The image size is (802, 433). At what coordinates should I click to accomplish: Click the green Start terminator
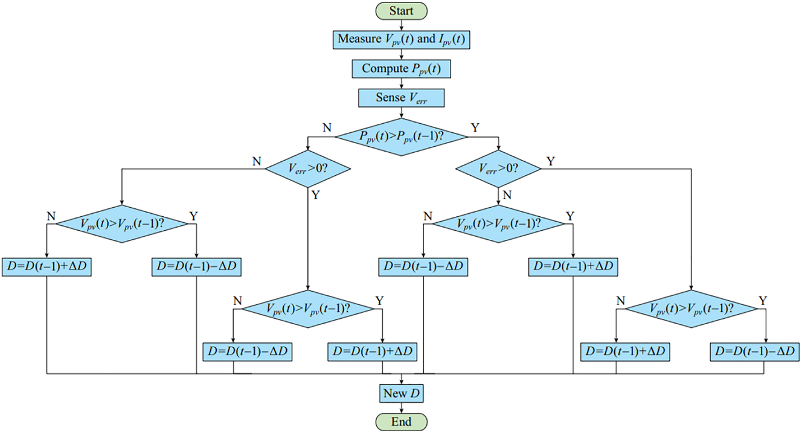point(401,11)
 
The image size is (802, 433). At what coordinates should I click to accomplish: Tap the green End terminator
point(401,421)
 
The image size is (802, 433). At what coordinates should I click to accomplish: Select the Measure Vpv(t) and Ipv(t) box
point(401,39)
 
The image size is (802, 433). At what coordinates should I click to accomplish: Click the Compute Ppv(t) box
point(401,69)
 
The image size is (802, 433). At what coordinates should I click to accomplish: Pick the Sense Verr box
point(401,98)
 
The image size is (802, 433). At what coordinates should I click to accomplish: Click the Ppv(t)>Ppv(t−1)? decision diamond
point(401,136)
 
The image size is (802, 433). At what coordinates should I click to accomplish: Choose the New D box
point(401,394)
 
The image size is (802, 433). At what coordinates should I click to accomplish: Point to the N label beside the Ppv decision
point(327,127)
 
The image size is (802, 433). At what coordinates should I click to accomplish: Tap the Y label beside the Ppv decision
point(475,127)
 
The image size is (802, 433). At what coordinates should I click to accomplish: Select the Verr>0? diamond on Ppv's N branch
point(308,169)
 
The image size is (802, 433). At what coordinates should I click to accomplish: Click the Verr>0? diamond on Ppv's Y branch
point(498,169)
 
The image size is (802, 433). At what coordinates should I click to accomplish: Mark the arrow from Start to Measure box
point(401,25)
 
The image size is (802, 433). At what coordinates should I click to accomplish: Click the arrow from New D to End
point(401,408)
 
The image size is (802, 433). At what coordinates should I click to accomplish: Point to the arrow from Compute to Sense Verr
point(401,83)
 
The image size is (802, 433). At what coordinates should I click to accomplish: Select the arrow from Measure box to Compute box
point(401,54)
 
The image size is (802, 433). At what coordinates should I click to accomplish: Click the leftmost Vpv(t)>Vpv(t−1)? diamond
point(122,223)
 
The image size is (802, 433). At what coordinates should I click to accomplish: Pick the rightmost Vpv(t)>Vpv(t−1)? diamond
point(690,308)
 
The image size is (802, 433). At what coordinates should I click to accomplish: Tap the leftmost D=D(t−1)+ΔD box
point(47,267)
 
